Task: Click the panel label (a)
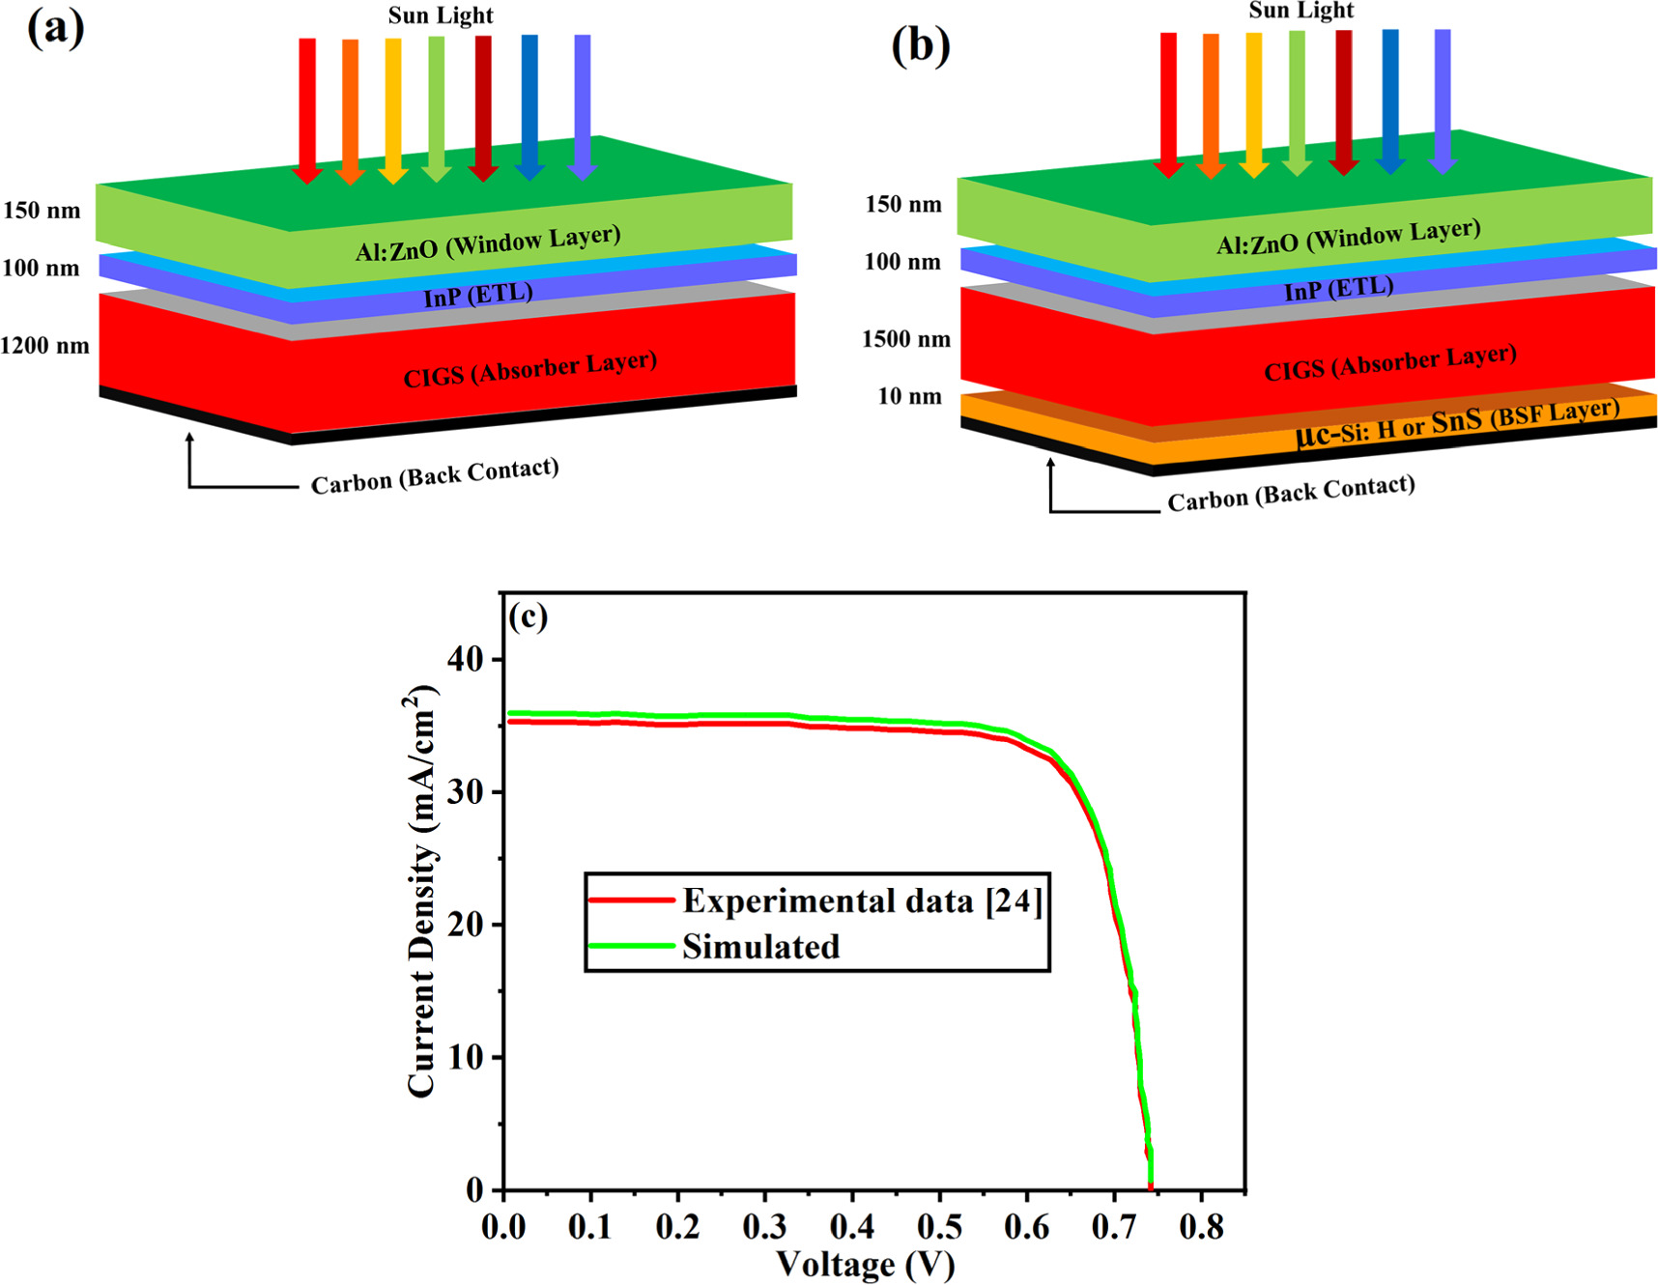[x=55, y=29]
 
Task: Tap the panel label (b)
[x=920, y=45]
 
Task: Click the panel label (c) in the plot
[x=529, y=615]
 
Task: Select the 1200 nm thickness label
[x=44, y=346]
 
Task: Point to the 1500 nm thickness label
[x=906, y=339]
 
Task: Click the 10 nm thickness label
[x=909, y=396]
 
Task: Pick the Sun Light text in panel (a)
[x=441, y=15]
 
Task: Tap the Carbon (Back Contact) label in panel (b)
[x=1291, y=494]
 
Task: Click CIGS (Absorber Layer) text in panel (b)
[x=1390, y=362]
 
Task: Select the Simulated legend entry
[x=760, y=947]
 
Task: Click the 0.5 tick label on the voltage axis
[x=939, y=1227]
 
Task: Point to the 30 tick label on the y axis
[x=466, y=792]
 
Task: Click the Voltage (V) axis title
[x=866, y=1264]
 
